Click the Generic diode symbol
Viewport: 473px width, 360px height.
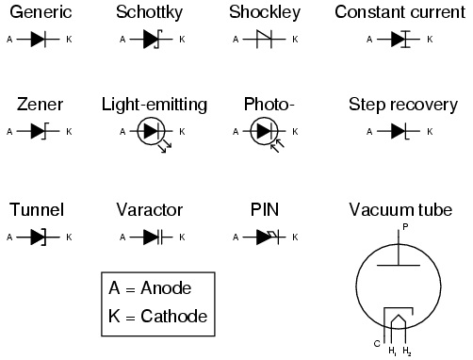pyautogui.click(x=37, y=41)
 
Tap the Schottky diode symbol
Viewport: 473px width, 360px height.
pyautogui.click(x=151, y=41)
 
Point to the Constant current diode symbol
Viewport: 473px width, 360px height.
pyautogui.click(x=400, y=41)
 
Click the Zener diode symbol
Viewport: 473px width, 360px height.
pyautogui.click(x=37, y=131)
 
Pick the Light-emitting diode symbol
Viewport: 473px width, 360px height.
pyautogui.click(x=151, y=132)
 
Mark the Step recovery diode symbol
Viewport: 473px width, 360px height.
pyautogui.click(x=400, y=131)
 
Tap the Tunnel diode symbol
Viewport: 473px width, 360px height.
pyautogui.click(x=37, y=237)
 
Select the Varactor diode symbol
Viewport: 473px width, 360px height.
pyautogui.click(x=151, y=237)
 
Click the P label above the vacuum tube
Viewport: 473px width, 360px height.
pyautogui.click(x=405, y=227)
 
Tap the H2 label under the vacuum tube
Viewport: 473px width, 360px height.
pyautogui.click(x=407, y=352)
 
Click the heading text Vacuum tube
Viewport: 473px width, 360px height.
pyautogui.click(x=400, y=209)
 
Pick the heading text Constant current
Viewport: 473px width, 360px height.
pyautogui.click(x=400, y=13)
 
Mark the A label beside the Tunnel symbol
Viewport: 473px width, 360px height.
pyautogui.click(x=8, y=237)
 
